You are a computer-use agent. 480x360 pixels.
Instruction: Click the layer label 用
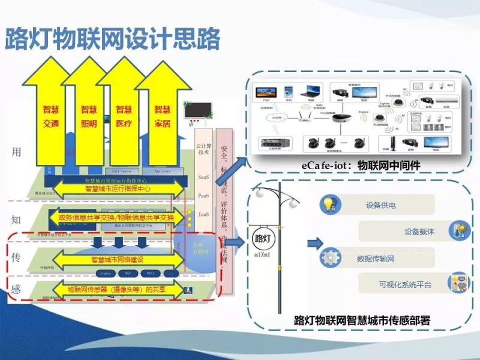point(16,152)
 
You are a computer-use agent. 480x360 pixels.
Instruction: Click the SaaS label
point(203,178)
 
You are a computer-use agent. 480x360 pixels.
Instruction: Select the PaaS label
point(203,196)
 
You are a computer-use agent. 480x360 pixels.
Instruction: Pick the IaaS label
point(203,214)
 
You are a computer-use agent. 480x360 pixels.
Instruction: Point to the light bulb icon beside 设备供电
point(329,204)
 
